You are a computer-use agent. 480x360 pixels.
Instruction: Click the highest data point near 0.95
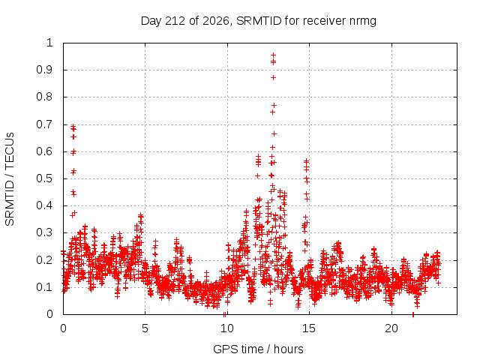coord(273,55)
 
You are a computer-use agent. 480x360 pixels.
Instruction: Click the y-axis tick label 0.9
coord(45,70)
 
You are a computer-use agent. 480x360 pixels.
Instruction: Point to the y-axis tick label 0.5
coord(45,178)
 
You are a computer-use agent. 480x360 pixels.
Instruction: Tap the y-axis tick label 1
coord(49,43)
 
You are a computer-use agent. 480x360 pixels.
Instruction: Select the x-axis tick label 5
coord(145,328)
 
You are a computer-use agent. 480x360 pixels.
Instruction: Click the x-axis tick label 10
coord(226,328)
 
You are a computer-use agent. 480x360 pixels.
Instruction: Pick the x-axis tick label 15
coord(309,328)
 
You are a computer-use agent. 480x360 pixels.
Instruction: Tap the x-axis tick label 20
coord(391,328)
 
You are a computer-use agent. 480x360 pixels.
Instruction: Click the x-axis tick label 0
coord(63,328)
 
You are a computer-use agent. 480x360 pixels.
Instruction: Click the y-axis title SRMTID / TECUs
coord(10,179)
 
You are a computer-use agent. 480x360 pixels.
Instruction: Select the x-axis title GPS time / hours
coord(258,349)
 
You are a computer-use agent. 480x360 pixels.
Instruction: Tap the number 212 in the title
coord(175,21)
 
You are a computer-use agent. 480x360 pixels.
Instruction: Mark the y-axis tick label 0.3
coord(45,232)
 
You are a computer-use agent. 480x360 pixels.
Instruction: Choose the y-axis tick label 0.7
coord(45,124)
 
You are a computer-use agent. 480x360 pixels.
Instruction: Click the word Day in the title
coord(151,21)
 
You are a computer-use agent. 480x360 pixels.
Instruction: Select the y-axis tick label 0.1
coord(45,287)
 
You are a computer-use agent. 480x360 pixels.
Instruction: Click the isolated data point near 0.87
coord(273,78)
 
